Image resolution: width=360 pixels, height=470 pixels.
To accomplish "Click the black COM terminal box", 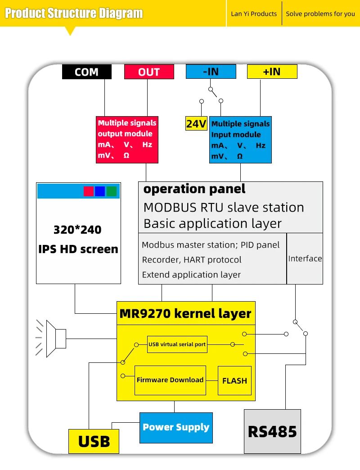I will click(x=86, y=72).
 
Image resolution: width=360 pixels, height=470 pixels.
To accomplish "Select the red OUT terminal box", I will click(x=149, y=72).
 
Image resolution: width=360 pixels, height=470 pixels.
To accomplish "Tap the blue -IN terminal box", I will click(x=211, y=72).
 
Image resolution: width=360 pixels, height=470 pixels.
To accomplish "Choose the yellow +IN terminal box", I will click(x=272, y=72).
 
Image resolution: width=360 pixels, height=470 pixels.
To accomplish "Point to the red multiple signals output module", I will click(x=127, y=139).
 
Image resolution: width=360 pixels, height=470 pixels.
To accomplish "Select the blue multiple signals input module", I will click(x=240, y=140).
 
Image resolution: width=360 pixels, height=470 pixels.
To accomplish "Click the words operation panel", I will click(x=194, y=189).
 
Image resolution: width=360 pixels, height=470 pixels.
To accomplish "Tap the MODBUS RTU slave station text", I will click(x=224, y=208).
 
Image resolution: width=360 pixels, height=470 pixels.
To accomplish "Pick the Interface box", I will click(x=305, y=258).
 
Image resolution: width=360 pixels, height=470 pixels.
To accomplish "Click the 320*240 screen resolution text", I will click(x=77, y=230).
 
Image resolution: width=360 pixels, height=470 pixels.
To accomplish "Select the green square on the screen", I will click(x=112, y=191).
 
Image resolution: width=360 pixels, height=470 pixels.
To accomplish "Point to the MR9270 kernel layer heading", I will click(x=185, y=313).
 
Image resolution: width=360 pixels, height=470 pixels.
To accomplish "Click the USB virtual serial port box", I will click(x=177, y=344).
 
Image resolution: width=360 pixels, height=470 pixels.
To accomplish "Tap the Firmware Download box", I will click(x=170, y=380).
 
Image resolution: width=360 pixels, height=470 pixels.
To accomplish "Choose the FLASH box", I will click(x=234, y=381).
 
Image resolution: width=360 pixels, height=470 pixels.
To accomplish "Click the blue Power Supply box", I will click(x=176, y=427).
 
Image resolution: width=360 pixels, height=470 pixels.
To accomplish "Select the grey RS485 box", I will click(x=272, y=431).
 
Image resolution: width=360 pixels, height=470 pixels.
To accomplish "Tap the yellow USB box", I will click(x=94, y=441).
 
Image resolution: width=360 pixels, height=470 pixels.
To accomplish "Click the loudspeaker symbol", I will click(x=56, y=339).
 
